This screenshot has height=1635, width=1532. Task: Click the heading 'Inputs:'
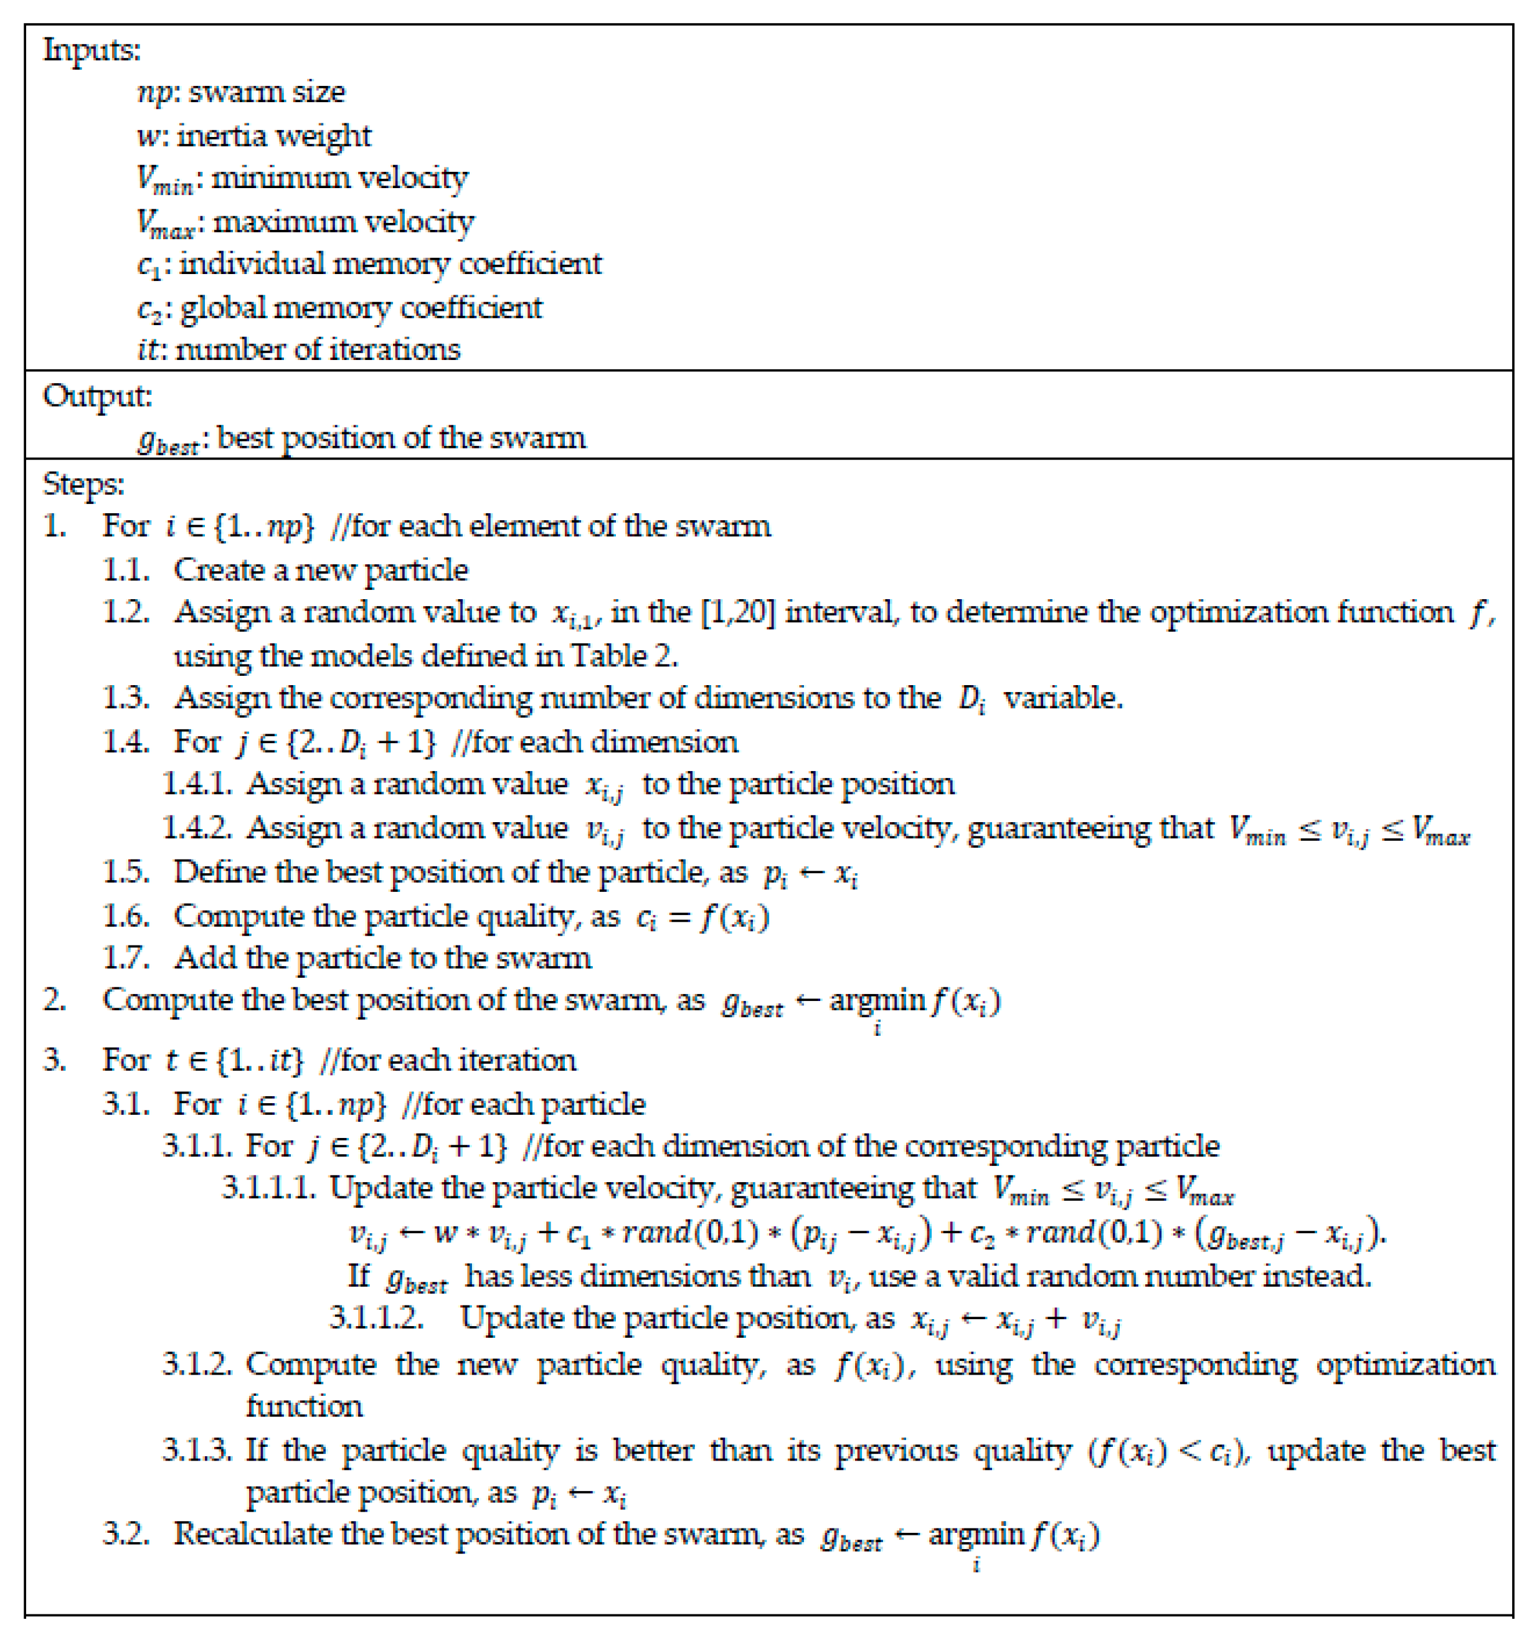coord(92,50)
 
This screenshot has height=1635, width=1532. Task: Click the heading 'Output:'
coord(97,396)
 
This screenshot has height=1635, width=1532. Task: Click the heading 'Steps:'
coord(83,483)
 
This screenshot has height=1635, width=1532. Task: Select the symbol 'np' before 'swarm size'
coord(154,93)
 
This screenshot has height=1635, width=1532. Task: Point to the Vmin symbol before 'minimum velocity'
coord(164,179)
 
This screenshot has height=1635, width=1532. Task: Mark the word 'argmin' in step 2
coord(877,1001)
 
